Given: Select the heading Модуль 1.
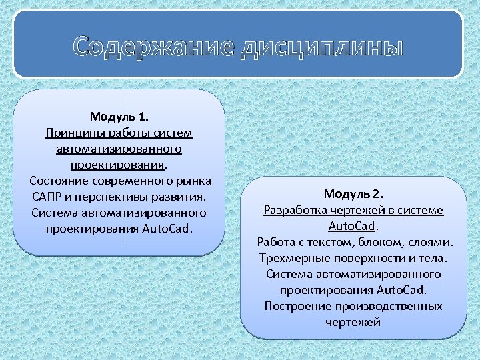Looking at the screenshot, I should pyautogui.click(x=119, y=117).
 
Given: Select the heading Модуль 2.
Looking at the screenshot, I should pyautogui.click(x=353, y=194).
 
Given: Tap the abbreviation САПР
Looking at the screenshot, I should pyautogui.click(x=46, y=197).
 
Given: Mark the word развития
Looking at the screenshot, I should pyautogui.click(x=180, y=197).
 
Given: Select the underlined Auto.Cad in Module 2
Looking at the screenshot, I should pyautogui.click(x=351, y=226).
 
